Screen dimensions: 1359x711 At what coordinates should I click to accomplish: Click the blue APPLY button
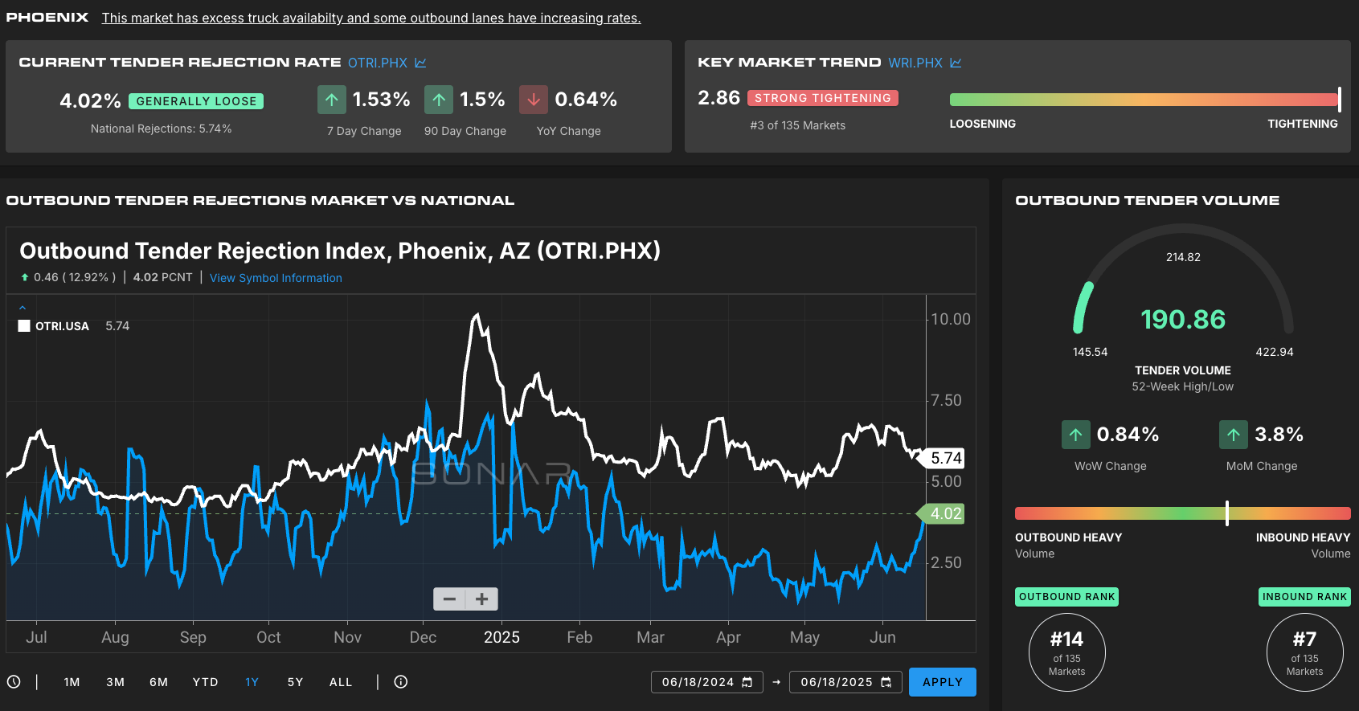(942, 682)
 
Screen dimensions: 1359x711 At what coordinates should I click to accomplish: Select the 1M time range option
(72, 682)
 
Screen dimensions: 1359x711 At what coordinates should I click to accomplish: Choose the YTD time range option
(205, 682)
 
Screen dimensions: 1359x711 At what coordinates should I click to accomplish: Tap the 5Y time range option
(295, 682)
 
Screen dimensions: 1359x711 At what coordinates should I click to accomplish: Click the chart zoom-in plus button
(481, 599)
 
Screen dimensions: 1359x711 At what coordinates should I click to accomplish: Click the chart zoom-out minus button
(449, 599)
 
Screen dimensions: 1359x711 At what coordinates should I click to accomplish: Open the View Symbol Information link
(276, 278)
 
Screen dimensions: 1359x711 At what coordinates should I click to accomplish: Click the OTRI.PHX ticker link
(378, 63)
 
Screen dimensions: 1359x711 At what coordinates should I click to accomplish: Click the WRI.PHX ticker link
(915, 63)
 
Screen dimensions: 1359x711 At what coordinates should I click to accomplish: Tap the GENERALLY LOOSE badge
(196, 100)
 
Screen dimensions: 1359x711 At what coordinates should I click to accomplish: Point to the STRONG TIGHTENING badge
(823, 98)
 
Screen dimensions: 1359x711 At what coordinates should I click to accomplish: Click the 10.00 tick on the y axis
(951, 319)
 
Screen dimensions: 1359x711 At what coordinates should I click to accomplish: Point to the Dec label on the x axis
(423, 637)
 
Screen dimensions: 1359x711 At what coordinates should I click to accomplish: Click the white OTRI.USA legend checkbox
(23, 325)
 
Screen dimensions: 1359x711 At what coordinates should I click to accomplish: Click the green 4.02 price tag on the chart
(942, 513)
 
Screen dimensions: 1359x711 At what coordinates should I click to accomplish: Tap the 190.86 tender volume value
(1183, 319)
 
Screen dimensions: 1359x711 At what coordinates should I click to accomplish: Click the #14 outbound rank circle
(1067, 652)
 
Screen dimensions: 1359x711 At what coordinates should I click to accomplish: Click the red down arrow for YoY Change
(534, 100)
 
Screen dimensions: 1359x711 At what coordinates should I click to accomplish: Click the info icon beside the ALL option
(400, 682)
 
